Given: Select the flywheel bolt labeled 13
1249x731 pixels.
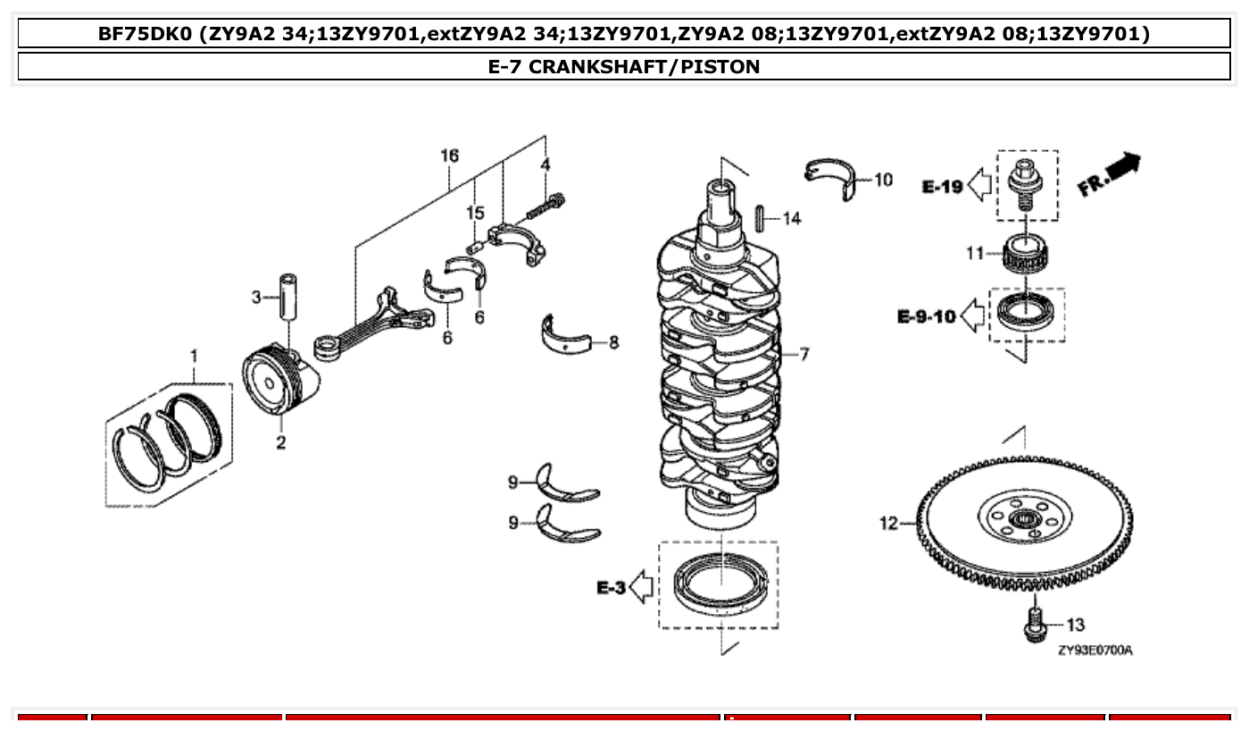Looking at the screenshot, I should (x=1035, y=624).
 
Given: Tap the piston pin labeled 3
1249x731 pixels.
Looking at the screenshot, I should (x=288, y=296).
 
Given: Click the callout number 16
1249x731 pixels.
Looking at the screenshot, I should (x=449, y=156).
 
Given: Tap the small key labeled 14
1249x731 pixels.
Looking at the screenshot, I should (x=760, y=218).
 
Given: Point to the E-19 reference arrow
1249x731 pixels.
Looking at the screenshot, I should (x=979, y=187).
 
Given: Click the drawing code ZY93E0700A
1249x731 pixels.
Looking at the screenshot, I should (x=1095, y=651).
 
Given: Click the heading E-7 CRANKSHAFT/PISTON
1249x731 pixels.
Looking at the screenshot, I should (x=624, y=67).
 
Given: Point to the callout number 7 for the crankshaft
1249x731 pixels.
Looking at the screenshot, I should (x=804, y=355).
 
